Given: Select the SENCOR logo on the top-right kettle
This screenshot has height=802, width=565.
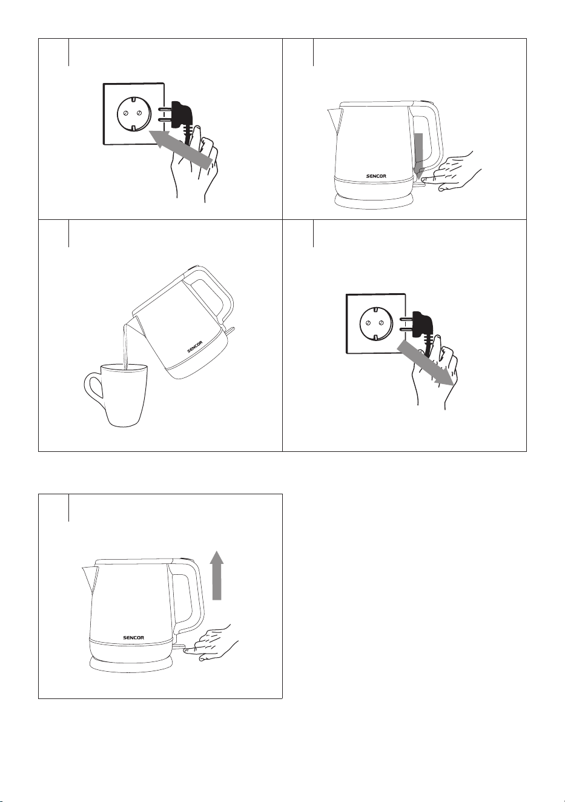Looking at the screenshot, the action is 376,176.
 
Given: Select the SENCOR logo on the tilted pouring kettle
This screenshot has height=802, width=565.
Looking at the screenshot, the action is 195,346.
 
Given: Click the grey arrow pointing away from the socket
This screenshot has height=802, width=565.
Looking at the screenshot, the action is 425,363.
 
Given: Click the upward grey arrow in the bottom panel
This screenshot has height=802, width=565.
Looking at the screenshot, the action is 217,582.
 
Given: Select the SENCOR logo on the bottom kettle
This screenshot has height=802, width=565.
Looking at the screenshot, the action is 134,638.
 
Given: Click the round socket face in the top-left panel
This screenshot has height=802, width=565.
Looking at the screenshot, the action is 131,113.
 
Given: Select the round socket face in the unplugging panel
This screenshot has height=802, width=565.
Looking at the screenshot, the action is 374,323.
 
